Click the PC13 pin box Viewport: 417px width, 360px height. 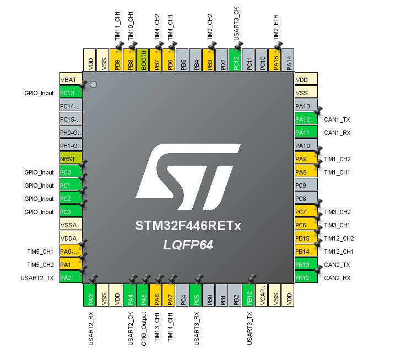click(x=71, y=92)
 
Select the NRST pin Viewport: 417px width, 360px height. click(x=71, y=159)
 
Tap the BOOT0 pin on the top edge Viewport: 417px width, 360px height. click(x=143, y=60)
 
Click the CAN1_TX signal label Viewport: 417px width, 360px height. click(x=337, y=119)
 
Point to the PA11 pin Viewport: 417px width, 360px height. click(x=306, y=132)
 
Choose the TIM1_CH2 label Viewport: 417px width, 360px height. click(x=337, y=159)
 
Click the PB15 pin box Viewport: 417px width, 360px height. click(x=306, y=238)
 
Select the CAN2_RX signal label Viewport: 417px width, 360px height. click(x=337, y=278)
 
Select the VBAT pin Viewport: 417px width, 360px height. click(x=71, y=79)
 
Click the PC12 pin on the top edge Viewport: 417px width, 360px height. click(x=235, y=60)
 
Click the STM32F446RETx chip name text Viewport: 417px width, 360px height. click(x=188, y=226)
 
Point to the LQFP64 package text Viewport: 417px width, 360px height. click(x=188, y=244)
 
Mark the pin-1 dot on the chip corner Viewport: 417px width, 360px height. click(x=93, y=84)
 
